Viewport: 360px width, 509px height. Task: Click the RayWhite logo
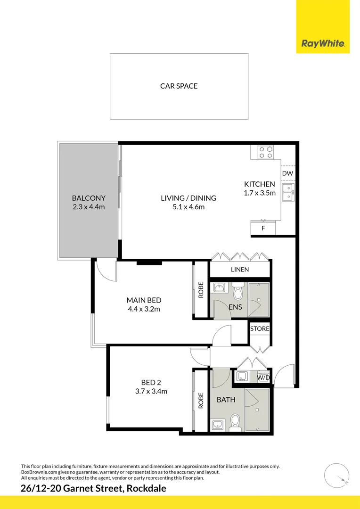coord(323,44)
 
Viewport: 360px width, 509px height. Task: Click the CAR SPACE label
coord(179,86)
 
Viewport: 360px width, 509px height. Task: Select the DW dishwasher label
coord(287,173)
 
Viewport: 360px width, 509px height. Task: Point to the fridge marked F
coord(263,229)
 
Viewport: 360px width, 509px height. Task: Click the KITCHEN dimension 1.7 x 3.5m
coord(259,193)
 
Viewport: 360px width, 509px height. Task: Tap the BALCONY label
coord(89,198)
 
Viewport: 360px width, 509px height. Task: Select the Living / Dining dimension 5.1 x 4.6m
coord(188,207)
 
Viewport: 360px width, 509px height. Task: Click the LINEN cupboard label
coord(240,270)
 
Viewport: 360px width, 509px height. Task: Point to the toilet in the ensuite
coord(238,293)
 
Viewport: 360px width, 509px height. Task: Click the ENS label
coord(235,307)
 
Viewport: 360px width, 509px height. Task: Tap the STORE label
coord(260,328)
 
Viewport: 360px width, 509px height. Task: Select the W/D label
coord(263,378)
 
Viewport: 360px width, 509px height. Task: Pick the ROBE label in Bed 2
coord(201,400)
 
